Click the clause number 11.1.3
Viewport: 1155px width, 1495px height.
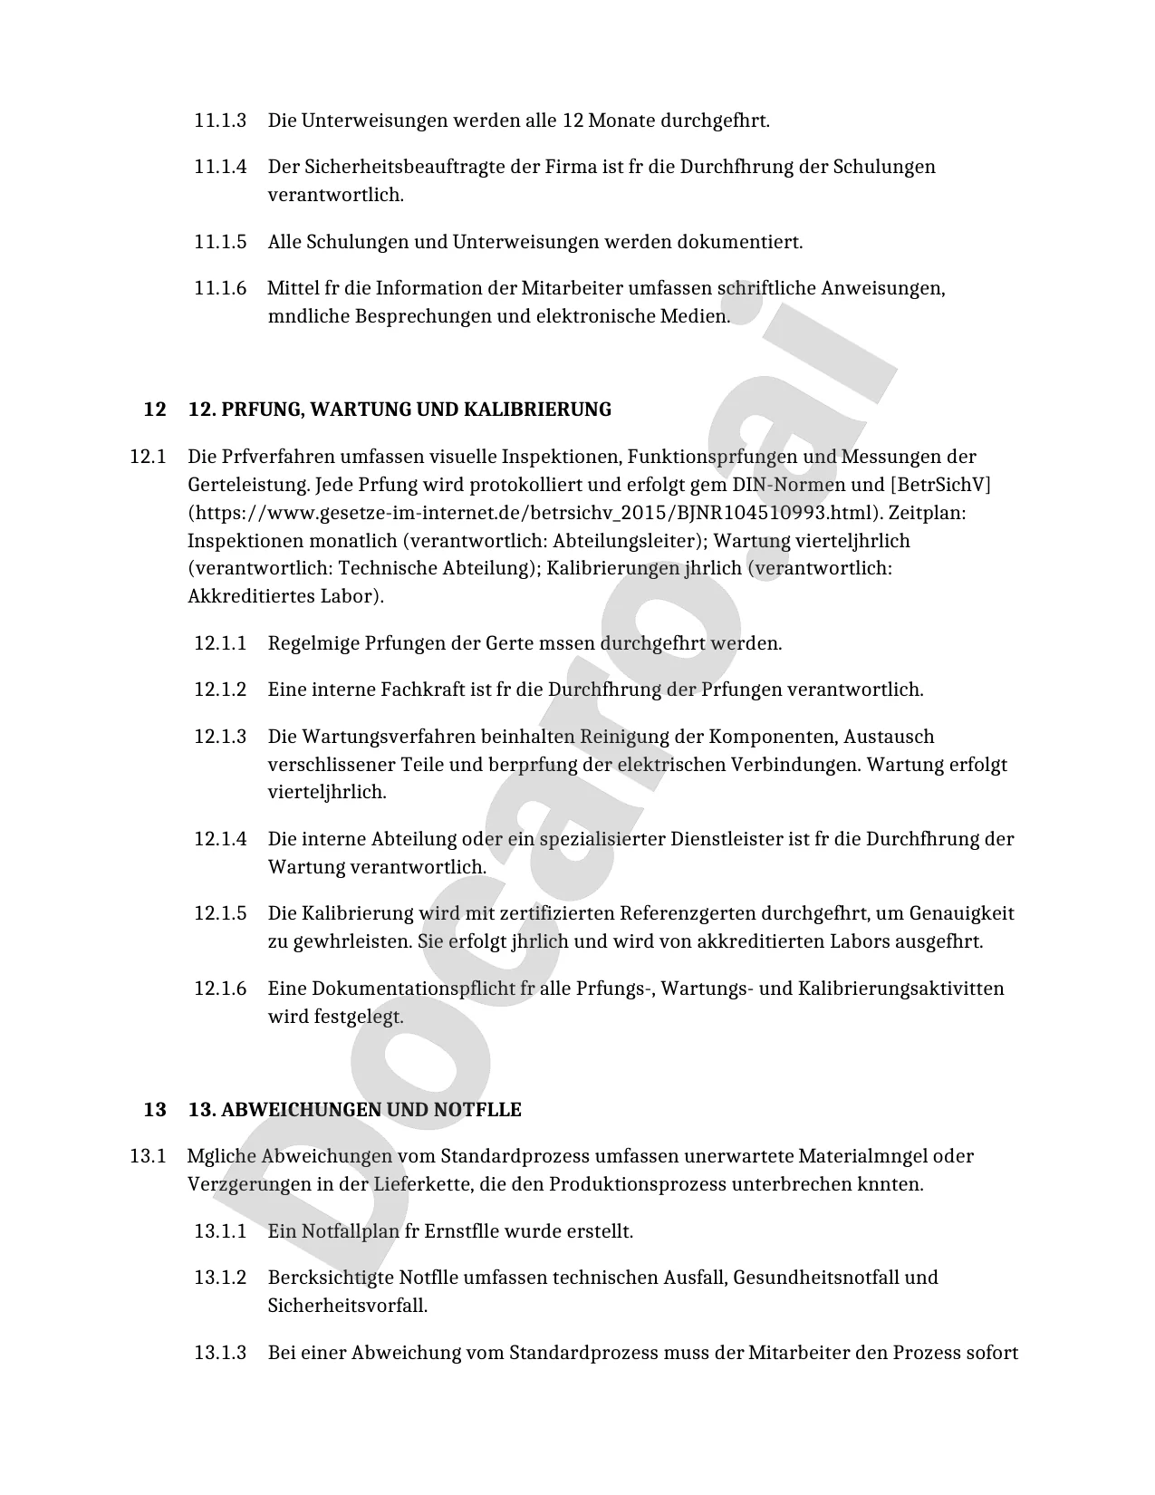coord(220,121)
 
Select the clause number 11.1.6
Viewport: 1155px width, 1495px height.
coord(220,288)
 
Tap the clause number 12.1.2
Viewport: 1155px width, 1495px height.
coord(220,690)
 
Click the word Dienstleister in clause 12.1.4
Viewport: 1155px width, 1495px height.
coord(727,839)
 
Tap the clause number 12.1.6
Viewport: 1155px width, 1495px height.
coord(220,988)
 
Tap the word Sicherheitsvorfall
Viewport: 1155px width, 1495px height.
coord(347,1306)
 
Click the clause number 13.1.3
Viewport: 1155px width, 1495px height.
coord(220,1353)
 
